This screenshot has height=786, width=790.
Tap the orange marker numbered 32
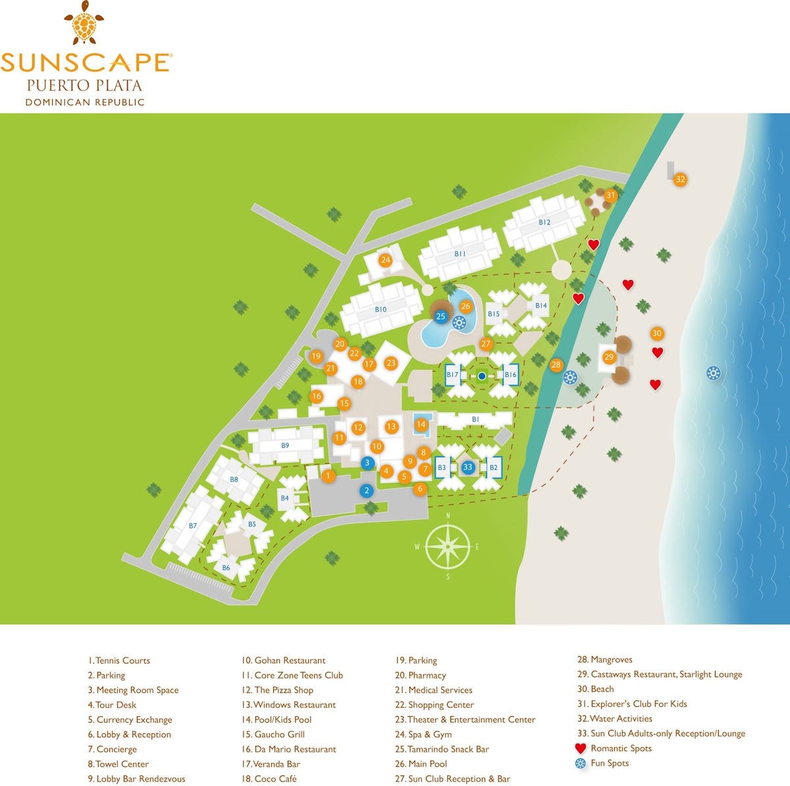pyautogui.click(x=680, y=179)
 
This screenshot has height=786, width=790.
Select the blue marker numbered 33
pyautogui.click(x=467, y=467)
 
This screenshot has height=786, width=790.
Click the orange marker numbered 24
pyautogui.click(x=386, y=260)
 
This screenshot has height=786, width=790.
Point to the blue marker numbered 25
pyautogui.click(x=440, y=316)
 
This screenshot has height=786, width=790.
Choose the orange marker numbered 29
pyautogui.click(x=609, y=357)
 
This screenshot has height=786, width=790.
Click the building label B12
pyautogui.click(x=544, y=222)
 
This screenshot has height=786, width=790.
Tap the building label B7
pyautogui.click(x=193, y=526)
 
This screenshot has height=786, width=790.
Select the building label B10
pyautogui.click(x=381, y=309)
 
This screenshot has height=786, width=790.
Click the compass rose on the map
pyautogui.click(x=448, y=546)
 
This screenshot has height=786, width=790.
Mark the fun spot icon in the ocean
pyautogui.click(x=713, y=374)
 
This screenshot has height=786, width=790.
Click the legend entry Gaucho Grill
pyautogui.click(x=273, y=734)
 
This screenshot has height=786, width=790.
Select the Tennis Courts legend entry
pyautogui.click(x=119, y=660)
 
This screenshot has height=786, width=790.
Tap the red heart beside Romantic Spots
pyautogui.click(x=581, y=748)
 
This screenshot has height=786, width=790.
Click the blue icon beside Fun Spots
pyautogui.click(x=581, y=764)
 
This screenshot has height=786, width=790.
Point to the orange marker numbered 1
pyautogui.click(x=328, y=476)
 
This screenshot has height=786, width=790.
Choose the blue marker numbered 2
pyautogui.click(x=367, y=491)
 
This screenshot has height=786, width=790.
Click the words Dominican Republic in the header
pyautogui.click(x=85, y=102)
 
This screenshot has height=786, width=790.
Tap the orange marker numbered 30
pyautogui.click(x=656, y=333)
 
